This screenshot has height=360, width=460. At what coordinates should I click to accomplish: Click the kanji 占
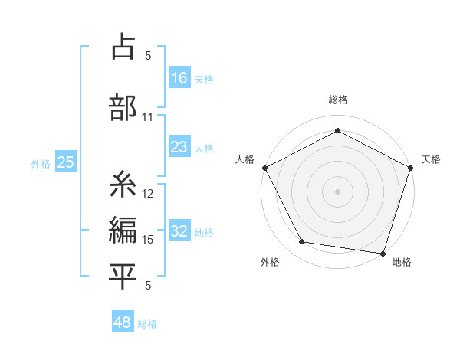coord(123,47)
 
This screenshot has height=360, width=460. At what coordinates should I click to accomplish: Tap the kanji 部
coord(123,107)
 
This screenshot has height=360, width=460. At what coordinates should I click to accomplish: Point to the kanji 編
coord(123,230)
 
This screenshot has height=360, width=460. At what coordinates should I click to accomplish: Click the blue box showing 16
coord(179,77)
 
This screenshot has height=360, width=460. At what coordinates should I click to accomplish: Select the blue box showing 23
coord(179,147)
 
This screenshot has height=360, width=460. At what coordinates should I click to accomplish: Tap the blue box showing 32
coord(179,231)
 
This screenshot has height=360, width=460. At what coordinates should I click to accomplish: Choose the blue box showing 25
coord(65,162)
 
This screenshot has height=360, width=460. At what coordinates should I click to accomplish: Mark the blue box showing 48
coord(123,322)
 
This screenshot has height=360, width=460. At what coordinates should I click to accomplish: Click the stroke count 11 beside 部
coord(147,118)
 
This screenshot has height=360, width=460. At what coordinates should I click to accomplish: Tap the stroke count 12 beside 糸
coord(148,194)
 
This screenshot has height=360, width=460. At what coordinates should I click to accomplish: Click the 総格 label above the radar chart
coord(338,100)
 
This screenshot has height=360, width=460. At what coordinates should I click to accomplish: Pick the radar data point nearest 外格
coord(302,242)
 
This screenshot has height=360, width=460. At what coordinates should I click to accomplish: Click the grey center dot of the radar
coord(338,191)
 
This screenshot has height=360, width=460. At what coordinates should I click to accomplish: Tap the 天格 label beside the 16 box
coord(204,79)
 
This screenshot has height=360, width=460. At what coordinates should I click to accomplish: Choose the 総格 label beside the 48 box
coord(147,324)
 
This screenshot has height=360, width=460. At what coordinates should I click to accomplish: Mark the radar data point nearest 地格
coord(383,253)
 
